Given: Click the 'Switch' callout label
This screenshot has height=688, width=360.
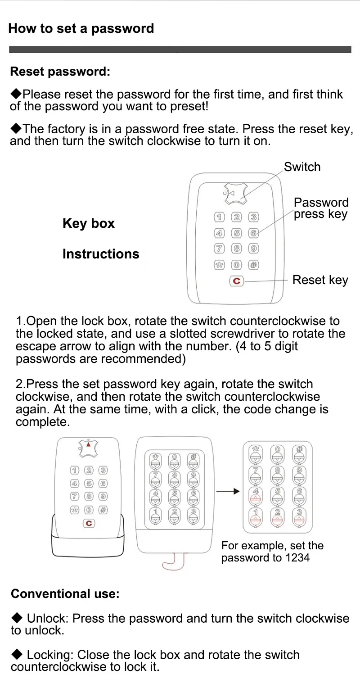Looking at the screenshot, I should click(302, 167).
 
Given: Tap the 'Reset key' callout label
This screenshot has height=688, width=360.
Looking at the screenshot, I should click(320, 280).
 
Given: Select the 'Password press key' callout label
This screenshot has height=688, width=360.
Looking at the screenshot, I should click(321, 208).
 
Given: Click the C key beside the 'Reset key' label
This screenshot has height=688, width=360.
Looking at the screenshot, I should click(236, 281).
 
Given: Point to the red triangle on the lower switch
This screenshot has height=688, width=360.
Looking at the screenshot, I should click(89, 444).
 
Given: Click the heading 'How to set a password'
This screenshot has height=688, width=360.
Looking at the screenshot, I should click(81, 28).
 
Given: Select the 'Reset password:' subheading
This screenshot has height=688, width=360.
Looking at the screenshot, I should click(60, 72).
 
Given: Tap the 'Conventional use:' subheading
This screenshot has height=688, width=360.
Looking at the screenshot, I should click(65, 594).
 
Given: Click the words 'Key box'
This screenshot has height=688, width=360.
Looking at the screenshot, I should click(89, 223).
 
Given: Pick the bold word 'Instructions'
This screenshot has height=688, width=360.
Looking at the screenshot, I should click(101, 254).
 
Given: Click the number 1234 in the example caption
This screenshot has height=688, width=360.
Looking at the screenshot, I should click(297, 558).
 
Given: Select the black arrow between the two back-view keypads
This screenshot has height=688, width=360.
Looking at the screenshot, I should click(228, 491).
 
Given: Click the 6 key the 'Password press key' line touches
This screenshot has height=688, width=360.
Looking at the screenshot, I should click(254, 233).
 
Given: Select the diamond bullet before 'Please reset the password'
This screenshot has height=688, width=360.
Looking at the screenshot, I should click(16, 94).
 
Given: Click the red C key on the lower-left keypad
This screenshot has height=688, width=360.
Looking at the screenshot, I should click(89, 523).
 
